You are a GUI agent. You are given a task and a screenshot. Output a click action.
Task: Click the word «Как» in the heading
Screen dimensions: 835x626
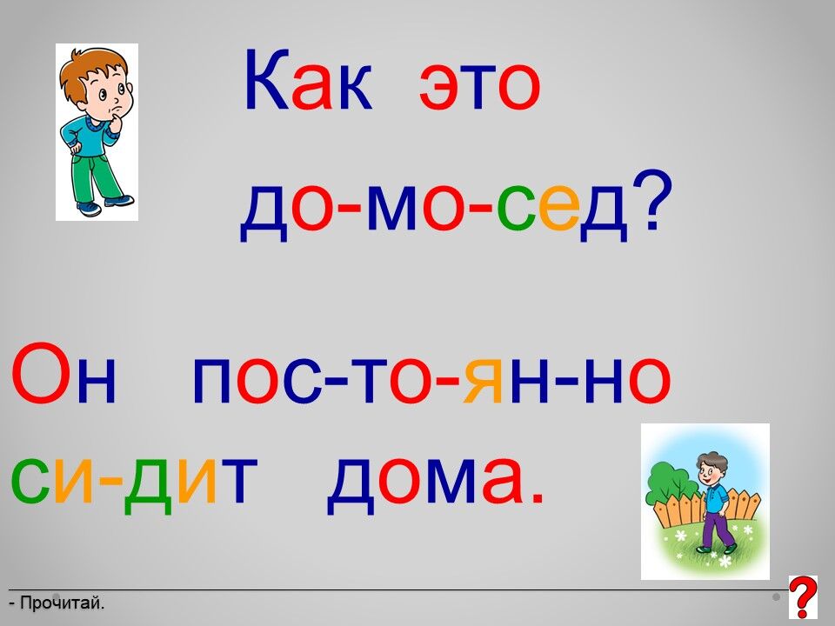point(308,80)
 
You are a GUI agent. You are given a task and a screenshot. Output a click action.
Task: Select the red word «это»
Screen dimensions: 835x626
point(480,86)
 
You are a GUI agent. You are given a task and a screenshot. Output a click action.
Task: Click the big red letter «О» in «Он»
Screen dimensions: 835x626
point(41,373)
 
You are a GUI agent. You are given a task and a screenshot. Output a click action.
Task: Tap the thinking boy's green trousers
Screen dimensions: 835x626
point(96,178)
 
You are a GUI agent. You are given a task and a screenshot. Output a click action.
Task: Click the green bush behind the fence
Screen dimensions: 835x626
point(670,484)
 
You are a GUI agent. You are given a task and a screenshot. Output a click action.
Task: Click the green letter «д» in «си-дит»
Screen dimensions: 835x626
point(148,484)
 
